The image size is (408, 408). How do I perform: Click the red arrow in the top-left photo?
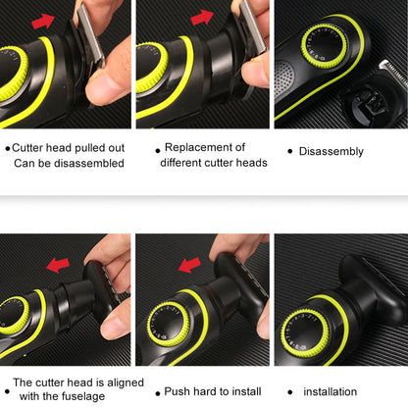click(43, 22)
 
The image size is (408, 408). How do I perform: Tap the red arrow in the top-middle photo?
click(202, 17)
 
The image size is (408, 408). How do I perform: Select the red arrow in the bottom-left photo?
click(58, 265)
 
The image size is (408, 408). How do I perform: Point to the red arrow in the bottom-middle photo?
click(189, 265)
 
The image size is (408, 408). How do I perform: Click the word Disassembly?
click(331, 151)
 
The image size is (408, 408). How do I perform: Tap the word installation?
click(331, 391)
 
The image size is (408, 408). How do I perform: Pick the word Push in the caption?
click(177, 391)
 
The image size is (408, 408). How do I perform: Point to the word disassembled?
click(89, 163)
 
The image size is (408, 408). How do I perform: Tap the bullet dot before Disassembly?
click(290, 151)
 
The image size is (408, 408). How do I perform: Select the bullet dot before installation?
click(290, 392)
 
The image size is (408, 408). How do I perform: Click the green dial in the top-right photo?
click(324, 47)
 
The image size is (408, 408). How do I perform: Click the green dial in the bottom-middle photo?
click(169, 325)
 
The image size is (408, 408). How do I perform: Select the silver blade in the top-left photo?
click(91, 34)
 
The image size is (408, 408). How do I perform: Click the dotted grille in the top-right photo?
click(283, 78)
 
